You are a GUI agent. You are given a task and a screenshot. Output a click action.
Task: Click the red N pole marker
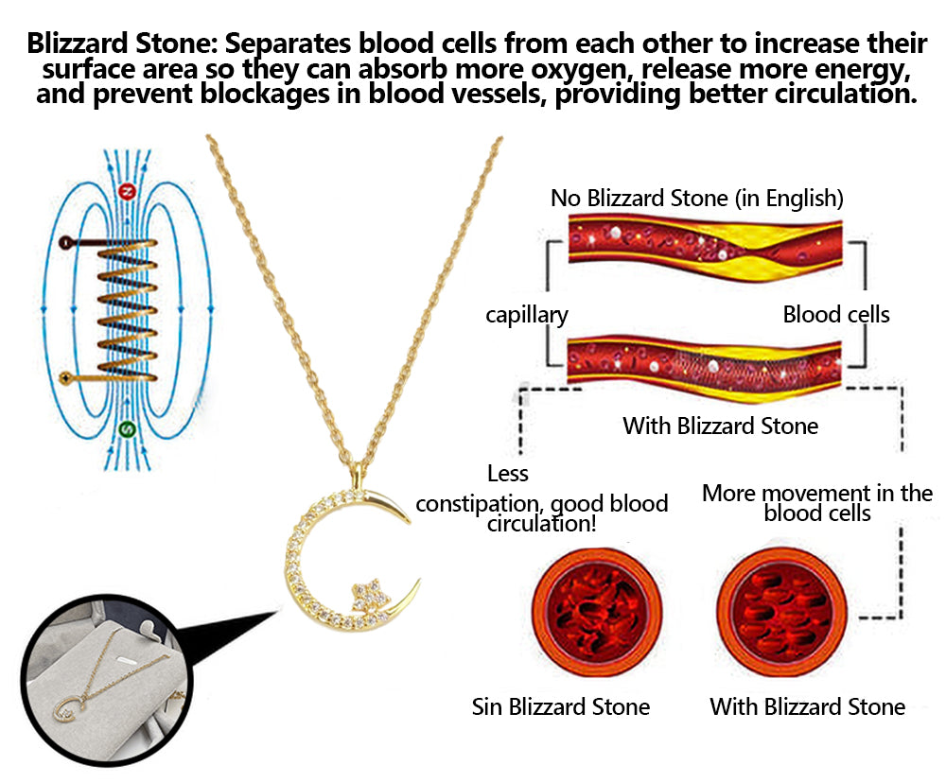[129, 192]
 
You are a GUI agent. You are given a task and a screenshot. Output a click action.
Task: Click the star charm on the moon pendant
[365, 595]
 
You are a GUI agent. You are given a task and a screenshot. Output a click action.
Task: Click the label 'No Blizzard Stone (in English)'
[696, 199]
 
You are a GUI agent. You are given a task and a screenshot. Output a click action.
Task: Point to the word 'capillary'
[527, 315]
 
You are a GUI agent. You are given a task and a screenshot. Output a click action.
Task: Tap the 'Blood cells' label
[836, 315]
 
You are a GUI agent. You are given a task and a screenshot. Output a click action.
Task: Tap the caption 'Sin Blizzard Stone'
[560, 706]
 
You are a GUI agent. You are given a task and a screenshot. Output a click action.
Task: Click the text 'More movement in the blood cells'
[817, 503]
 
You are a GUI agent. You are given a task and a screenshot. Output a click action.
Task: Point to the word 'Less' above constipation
[508, 473]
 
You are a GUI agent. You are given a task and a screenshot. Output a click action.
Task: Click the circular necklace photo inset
[102, 680]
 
